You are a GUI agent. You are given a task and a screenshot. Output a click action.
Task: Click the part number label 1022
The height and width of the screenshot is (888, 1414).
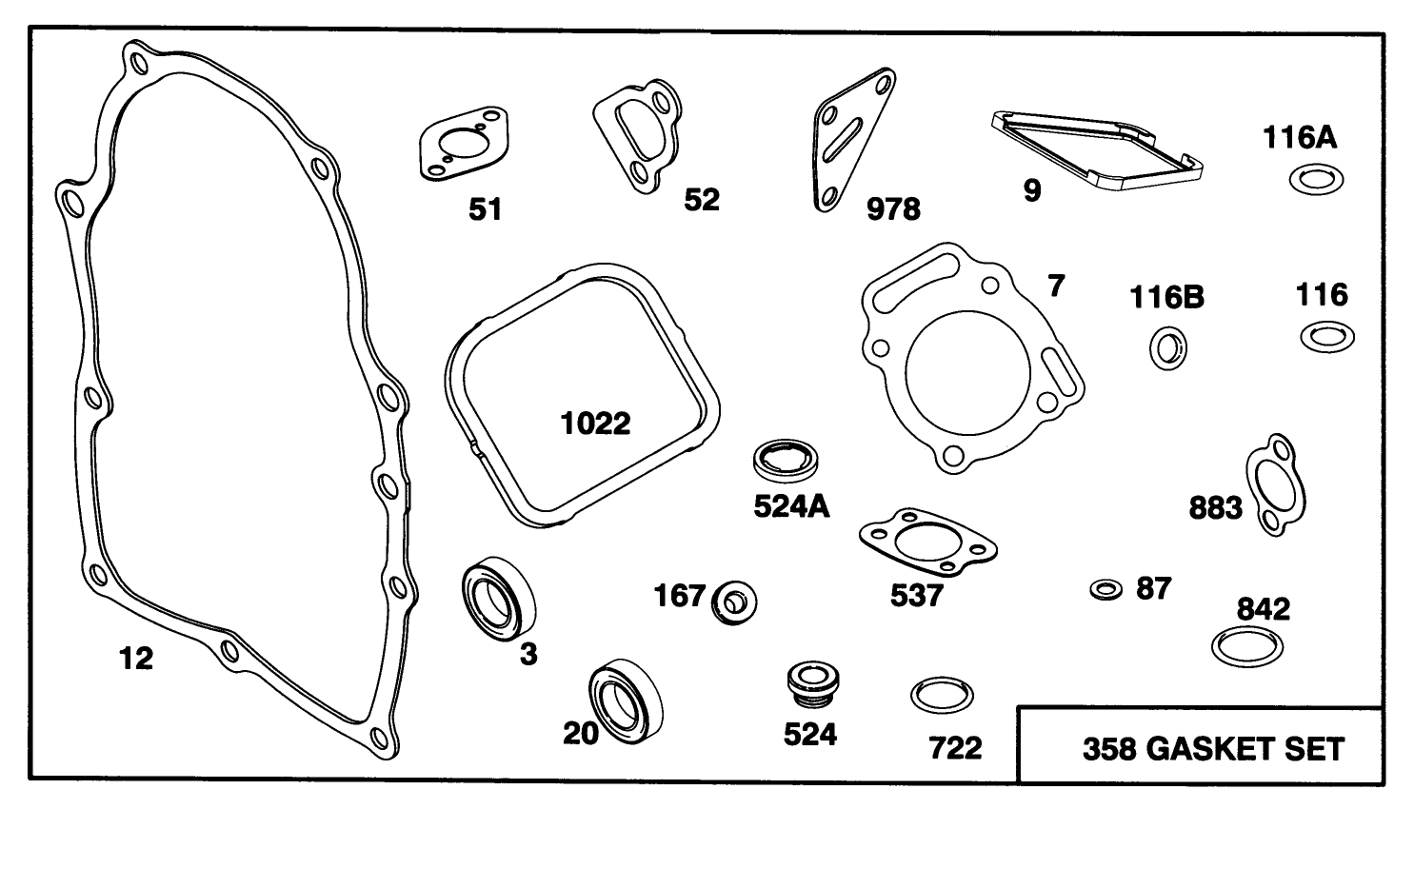point(595,424)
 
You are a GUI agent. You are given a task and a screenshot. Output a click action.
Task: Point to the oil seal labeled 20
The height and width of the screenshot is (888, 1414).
point(626,701)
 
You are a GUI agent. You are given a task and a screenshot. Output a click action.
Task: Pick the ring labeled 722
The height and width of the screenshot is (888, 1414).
point(942,696)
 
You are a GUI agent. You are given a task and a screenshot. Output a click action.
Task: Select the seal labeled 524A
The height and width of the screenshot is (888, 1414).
point(786,462)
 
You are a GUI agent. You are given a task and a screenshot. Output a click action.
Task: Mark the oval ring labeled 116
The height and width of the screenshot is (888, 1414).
point(1326,336)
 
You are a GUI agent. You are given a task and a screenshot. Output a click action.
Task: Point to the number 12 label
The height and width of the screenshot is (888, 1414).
point(136,658)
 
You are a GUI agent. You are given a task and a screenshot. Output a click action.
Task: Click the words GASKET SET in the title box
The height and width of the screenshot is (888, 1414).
point(1245,749)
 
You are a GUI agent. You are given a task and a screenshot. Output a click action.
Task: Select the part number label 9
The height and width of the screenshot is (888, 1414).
point(1032,191)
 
